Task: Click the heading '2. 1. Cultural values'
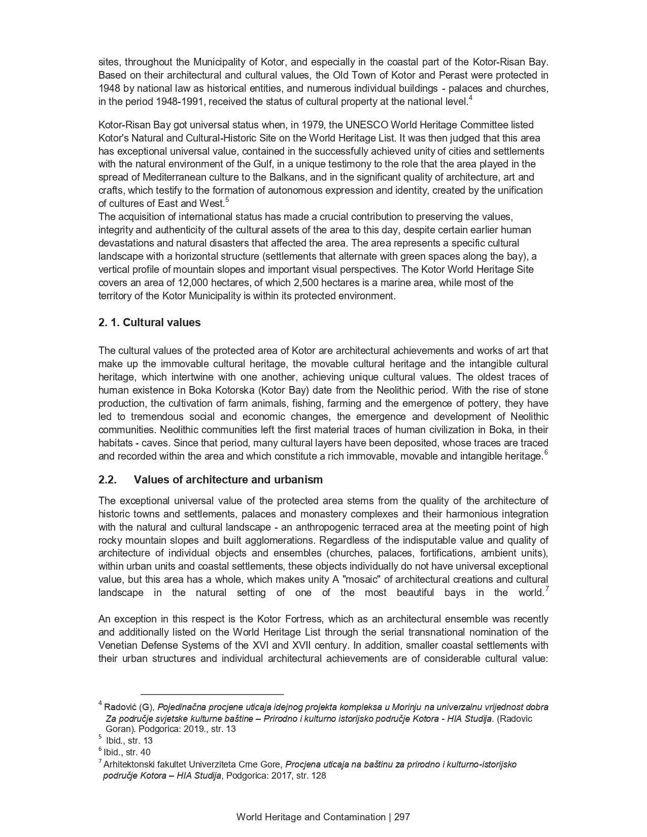pyautogui.click(x=149, y=323)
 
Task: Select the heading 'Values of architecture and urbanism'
pyautogui.click(x=228, y=480)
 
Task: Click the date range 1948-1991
pyautogui.click(x=179, y=101)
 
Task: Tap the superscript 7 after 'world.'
pyautogui.click(x=547, y=589)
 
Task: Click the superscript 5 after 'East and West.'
pyautogui.click(x=227, y=200)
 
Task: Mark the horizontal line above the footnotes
pyautogui.click(x=212, y=693)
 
